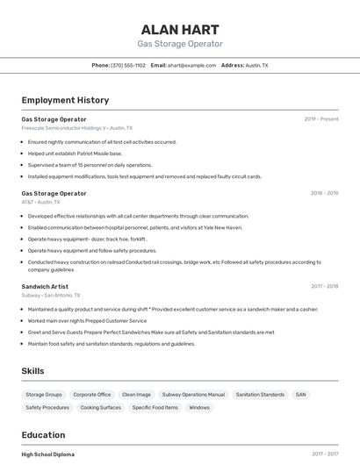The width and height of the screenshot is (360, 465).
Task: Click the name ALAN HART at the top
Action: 180,29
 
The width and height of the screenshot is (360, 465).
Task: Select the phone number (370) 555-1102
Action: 128,65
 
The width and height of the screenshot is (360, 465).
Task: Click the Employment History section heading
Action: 65,100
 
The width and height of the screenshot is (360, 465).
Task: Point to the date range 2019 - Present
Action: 320,118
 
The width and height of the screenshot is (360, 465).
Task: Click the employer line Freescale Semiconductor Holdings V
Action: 76,128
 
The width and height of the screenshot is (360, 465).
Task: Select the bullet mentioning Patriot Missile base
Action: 75,154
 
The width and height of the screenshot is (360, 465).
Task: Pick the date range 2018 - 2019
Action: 324,193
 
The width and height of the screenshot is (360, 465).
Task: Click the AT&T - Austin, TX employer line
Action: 43,202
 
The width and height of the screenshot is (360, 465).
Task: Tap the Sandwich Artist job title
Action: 45,286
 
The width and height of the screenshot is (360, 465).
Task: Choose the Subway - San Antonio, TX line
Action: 51,295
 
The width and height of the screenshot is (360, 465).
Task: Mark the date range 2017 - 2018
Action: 324,286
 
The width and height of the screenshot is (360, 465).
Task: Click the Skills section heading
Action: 32,371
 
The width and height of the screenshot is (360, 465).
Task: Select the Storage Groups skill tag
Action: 44,395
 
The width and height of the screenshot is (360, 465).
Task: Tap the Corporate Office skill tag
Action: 91,395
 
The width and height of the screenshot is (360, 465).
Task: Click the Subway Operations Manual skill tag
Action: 193,395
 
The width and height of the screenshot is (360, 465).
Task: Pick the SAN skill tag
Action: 300,395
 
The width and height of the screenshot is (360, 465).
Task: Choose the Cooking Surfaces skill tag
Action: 100,407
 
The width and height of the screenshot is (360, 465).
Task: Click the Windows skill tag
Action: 199,407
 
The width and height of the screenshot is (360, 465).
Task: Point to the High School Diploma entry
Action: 48,454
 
